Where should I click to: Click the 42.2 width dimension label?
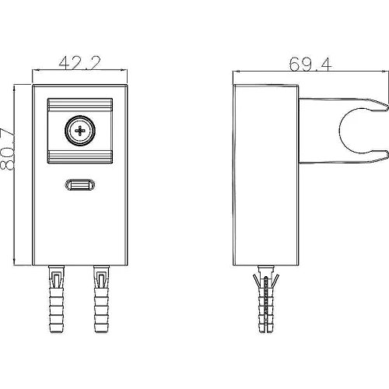pyautogui.click(x=79, y=63)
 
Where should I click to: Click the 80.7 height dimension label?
pyautogui.click(x=7, y=149)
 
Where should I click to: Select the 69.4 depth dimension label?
pyautogui.click(x=310, y=65)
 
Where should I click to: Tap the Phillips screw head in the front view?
pyautogui.click(x=80, y=131)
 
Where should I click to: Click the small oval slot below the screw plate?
pyautogui.click(x=80, y=185)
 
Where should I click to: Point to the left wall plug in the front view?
pyautogui.click(x=56, y=299)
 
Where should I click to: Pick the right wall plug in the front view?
pyautogui.click(x=101, y=299)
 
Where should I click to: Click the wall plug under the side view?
pyautogui.click(x=266, y=299)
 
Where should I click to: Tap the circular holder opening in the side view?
pyautogui.click(x=340, y=131)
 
